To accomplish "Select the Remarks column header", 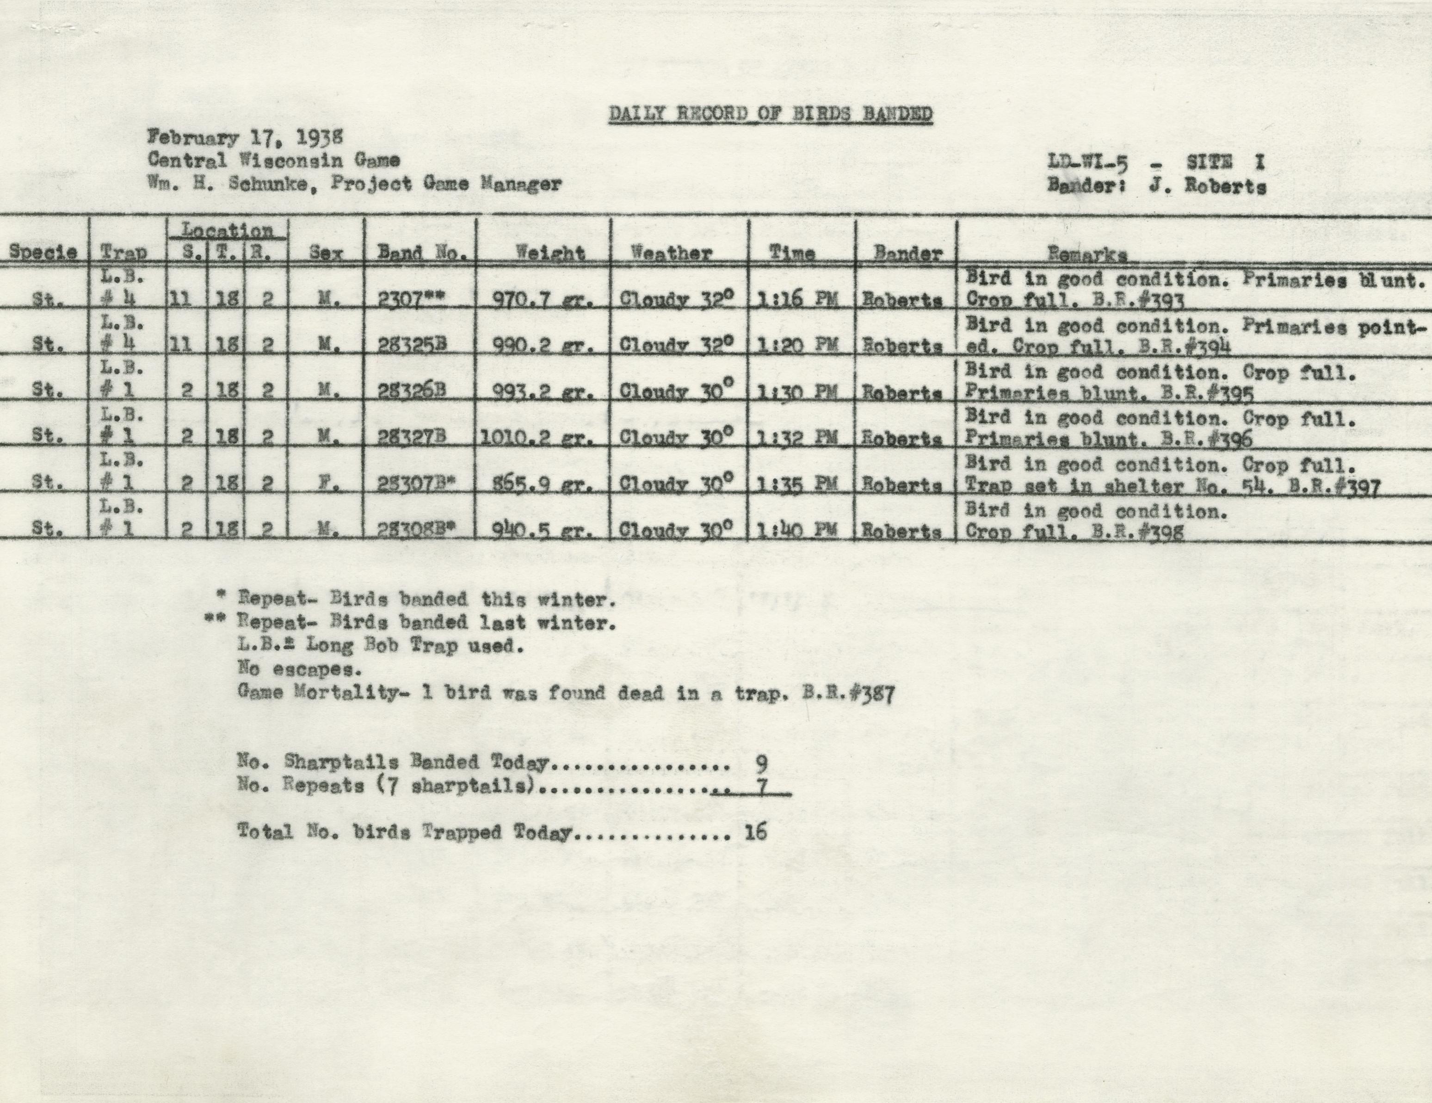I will coord(1087,254).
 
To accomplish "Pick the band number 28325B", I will coord(413,346).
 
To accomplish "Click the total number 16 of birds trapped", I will coord(756,832).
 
